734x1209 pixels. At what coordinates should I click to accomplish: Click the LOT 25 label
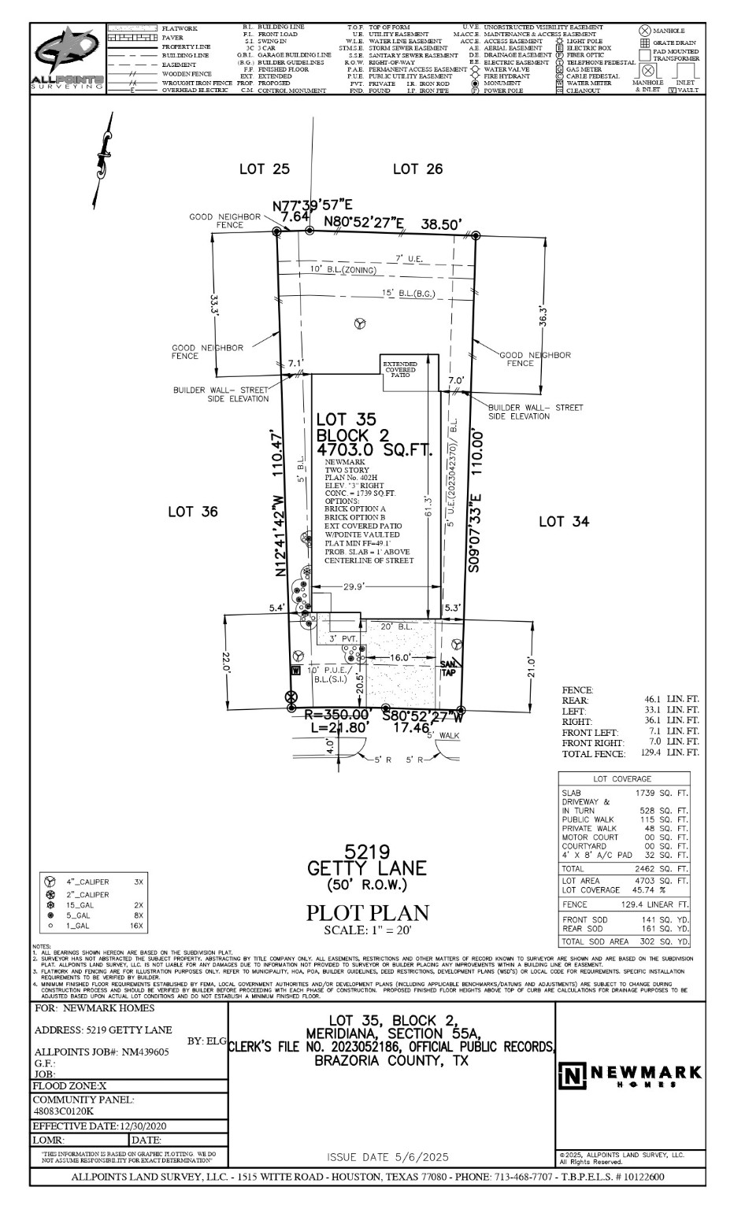pos(264,168)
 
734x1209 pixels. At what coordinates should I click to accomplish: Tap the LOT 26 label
pos(417,168)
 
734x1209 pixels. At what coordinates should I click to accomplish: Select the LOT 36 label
pos(192,512)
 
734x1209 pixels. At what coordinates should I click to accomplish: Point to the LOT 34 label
pos(564,521)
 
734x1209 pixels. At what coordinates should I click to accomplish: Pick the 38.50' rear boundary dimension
pos(441,224)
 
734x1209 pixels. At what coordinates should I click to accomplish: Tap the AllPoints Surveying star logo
pos(67,55)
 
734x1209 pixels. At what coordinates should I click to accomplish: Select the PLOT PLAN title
pos(367,913)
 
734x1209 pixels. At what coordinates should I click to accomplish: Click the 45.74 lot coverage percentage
pos(647,889)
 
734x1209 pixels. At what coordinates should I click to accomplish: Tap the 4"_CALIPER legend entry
pos(87,882)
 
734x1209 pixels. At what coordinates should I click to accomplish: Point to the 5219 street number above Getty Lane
pos(367,852)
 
